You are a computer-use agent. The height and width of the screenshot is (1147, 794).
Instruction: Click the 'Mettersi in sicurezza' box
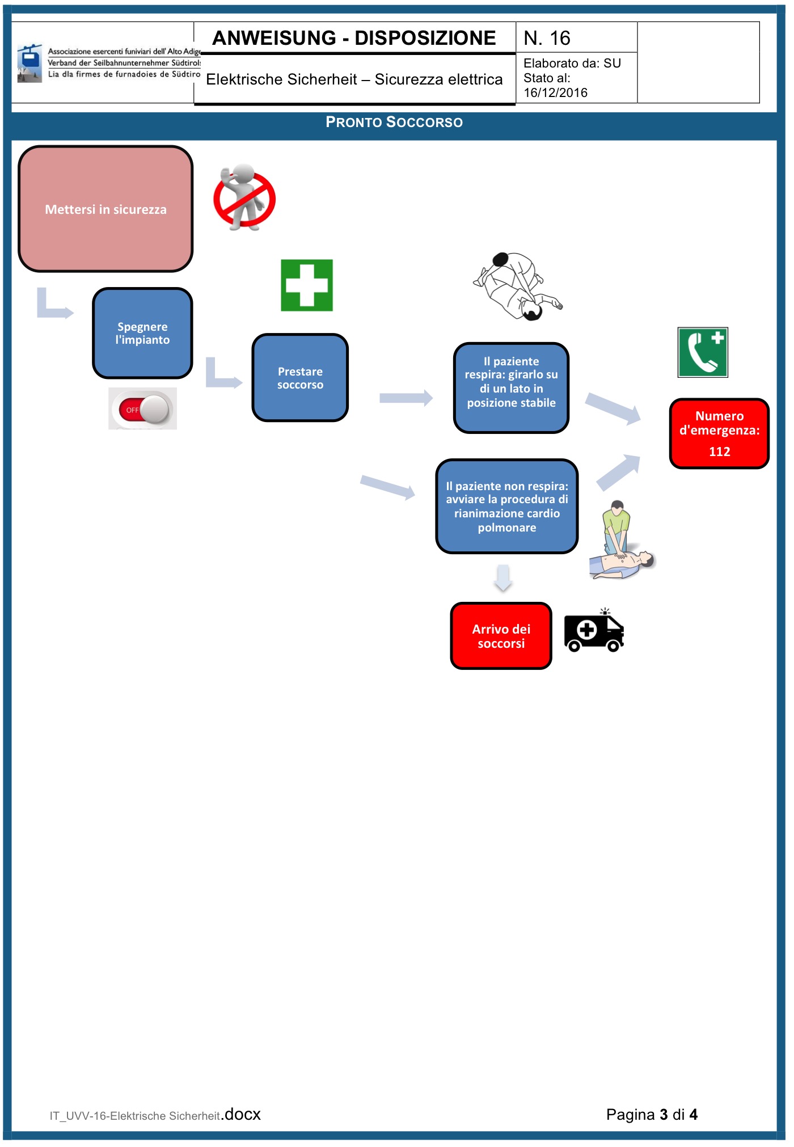coord(105,209)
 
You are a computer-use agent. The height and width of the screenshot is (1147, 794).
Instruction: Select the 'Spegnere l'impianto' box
coord(142,333)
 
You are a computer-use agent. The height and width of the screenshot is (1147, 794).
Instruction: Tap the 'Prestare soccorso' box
coord(300,378)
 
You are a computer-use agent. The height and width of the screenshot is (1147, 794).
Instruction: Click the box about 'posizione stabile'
coord(511,388)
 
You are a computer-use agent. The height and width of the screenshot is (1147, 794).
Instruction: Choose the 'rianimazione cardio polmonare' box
coord(506,507)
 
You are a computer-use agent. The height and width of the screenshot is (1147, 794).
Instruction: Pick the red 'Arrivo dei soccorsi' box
coord(501,636)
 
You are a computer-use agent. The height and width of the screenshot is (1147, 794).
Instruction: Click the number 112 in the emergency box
coord(719,452)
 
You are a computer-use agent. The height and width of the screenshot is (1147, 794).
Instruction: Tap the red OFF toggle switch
coord(143,409)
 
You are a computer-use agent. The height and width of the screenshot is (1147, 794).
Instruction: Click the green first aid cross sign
coord(307,285)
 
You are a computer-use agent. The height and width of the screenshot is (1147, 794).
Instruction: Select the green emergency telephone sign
coord(703,352)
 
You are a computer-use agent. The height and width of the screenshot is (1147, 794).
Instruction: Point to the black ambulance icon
coord(594,631)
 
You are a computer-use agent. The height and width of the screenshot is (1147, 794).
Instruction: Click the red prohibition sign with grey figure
coord(244,198)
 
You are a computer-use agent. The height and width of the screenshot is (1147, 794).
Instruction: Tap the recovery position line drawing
coord(517,286)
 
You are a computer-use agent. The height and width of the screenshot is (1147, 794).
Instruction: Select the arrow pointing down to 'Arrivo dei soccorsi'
coord(503,578)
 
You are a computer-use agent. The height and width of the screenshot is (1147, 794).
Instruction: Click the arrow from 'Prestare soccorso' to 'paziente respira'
coord(406,398)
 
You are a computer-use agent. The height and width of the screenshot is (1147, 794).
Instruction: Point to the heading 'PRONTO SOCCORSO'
coord(394,122)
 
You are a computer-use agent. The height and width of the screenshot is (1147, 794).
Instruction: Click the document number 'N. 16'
coord(547,38)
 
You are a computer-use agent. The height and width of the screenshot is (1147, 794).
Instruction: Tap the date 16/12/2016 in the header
coord(555,93)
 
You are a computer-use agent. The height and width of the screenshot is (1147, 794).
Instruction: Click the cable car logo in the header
coord(29,63)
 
